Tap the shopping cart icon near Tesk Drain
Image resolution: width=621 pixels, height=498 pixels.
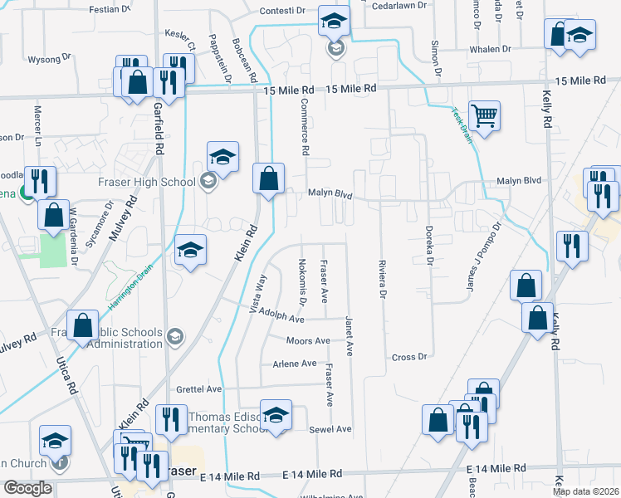(484, 115)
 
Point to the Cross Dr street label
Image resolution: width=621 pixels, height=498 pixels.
(408, 357)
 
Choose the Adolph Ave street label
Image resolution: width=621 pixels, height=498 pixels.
(281, 318)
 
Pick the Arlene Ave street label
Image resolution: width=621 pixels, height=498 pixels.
(295, 364)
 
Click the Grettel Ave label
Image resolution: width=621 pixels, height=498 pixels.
(198, 388)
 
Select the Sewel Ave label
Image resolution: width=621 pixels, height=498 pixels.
(330, 430)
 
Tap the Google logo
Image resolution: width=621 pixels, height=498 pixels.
(27, 488)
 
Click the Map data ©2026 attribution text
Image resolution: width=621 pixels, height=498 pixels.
(586, 491)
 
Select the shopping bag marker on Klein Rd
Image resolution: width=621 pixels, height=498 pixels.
(268, 178)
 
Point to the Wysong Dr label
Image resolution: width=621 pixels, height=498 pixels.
(45, 60)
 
